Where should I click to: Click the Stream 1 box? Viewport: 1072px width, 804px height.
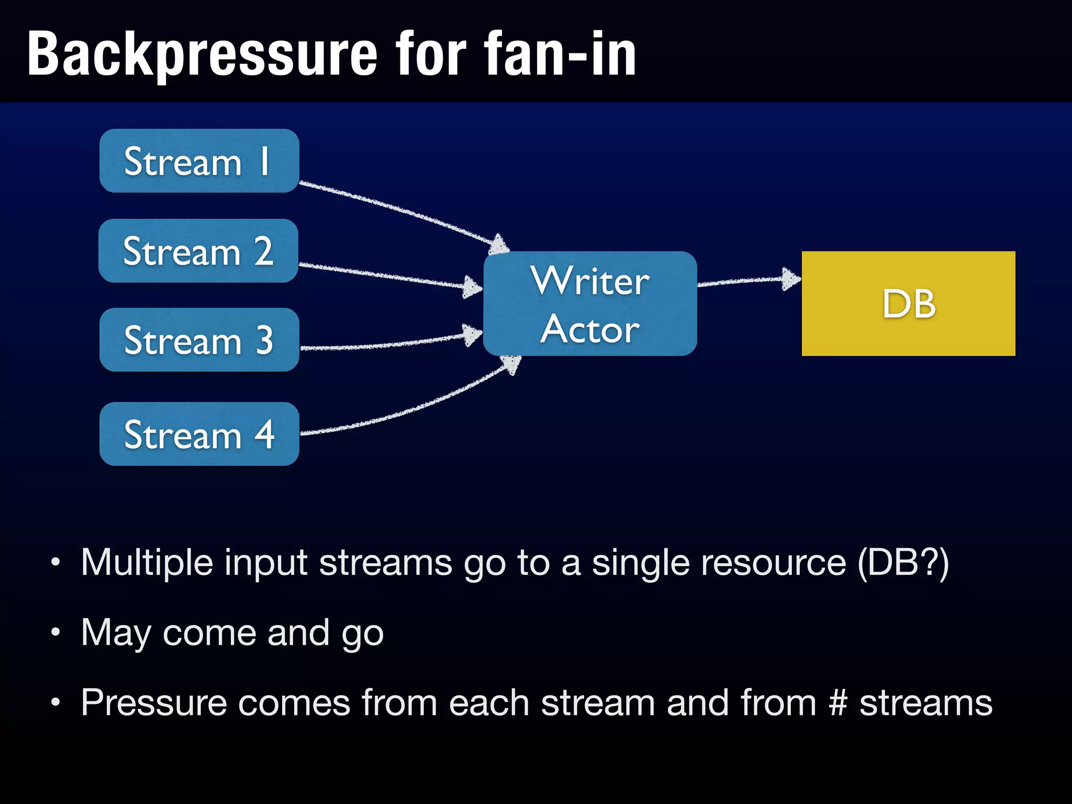point(199,161)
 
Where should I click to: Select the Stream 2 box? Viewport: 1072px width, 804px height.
point(198,251)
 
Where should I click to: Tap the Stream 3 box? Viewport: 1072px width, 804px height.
point(199,340)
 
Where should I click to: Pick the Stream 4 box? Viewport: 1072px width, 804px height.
point(199,434)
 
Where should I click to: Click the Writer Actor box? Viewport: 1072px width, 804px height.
point(590,304)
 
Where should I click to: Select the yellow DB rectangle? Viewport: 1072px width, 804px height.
point(908,304)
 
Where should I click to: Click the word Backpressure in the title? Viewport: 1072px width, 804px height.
point(202,54)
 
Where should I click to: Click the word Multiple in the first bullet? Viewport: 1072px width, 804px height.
point(147,563)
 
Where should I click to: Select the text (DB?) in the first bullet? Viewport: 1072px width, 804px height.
point(903,563)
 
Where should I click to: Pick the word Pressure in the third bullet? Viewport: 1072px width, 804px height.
point(153,702)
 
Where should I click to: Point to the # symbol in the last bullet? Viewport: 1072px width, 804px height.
point(837,702)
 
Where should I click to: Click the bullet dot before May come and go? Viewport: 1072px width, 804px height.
point(55,632)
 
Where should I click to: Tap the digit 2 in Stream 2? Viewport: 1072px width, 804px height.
point(263,251)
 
